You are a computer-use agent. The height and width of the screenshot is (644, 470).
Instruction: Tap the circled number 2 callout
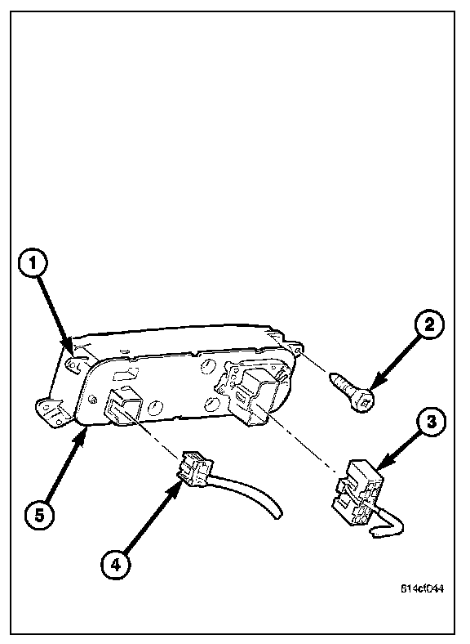coord(428,325)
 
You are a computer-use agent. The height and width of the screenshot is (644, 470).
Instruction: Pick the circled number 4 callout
coord(116,565)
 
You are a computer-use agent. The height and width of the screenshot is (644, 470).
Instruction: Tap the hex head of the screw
coord(364,400)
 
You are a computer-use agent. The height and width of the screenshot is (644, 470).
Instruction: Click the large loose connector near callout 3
coord(359,493)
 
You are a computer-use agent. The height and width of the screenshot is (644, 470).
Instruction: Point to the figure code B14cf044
coord(422,588)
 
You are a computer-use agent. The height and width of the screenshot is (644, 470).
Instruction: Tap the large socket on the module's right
coord(254,396)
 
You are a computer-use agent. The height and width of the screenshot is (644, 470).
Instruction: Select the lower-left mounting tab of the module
coord(52,412)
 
